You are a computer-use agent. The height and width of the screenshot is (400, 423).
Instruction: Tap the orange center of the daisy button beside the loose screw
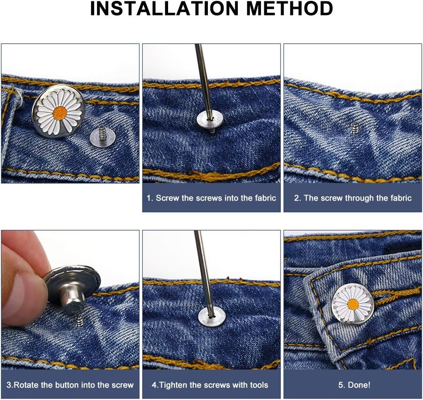tap(59, 113)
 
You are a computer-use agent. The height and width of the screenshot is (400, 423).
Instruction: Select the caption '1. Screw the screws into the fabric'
tap(211, 198)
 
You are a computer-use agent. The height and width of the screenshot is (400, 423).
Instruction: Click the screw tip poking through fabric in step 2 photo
tap(354, 127)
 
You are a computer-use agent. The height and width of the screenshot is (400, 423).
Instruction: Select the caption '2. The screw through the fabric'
tap(352, 198)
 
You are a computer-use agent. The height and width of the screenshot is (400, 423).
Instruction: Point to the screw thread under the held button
tap(80, 321)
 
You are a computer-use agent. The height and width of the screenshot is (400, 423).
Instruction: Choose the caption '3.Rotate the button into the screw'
tap(70, 385)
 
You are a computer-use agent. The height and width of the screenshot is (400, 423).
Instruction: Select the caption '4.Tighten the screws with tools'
tap(210, 385)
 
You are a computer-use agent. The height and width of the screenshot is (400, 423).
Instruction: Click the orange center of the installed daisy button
tap(353, 304)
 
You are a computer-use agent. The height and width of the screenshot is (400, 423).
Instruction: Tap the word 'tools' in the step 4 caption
tap(257, 385)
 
